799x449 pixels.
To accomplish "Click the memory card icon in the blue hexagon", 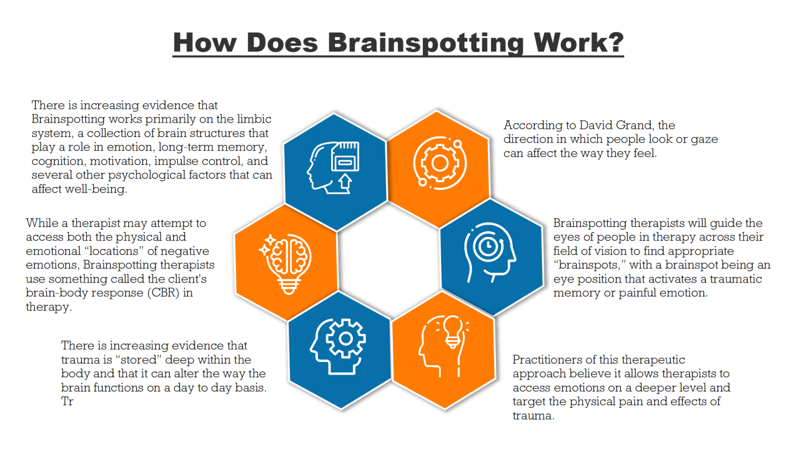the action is [x=345, y=157].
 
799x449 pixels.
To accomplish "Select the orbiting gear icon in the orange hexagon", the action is [x=440, y=163].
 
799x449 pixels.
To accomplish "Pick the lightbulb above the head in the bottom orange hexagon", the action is [x=453, y=331].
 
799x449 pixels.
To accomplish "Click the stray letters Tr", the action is [x=67, y=401].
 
